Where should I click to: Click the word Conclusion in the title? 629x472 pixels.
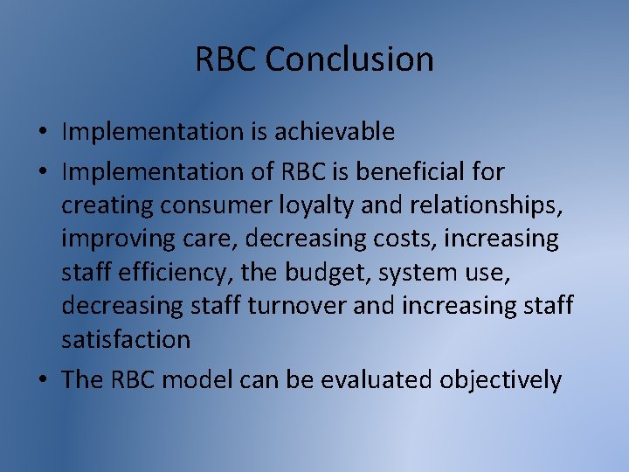tap(349, 60)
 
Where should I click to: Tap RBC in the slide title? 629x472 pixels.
tap(225, 60)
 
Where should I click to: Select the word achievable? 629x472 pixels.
tap(336, 132)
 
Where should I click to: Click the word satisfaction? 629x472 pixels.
tap(126, 338)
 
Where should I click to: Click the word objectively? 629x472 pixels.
tap(501, 380)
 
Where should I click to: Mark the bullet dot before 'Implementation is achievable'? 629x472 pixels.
tap(42, 133)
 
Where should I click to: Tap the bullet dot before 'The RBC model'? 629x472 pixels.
tap(42, 381)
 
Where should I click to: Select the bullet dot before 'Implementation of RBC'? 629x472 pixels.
tap(42, 173)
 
